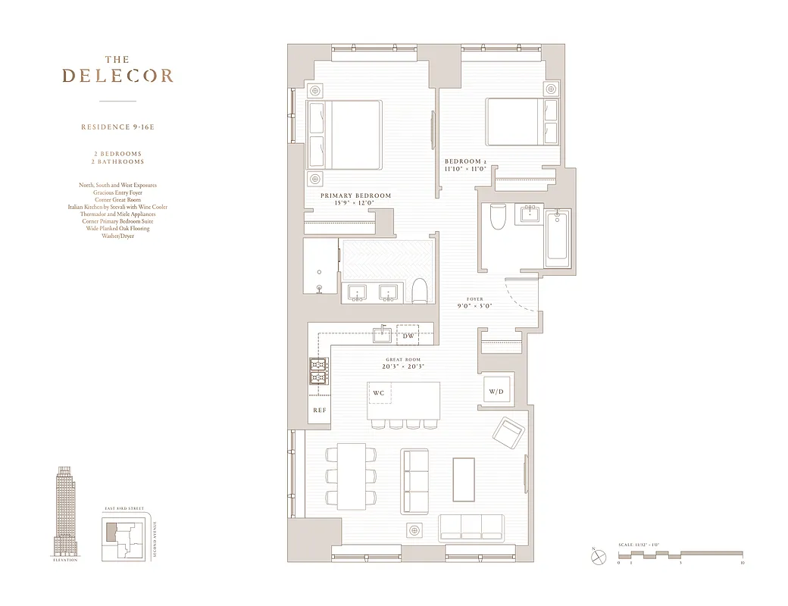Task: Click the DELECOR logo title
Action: [x=117, y=75]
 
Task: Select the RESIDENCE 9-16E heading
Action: [x=117, y=127]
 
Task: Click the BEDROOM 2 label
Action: [x=464, y=162]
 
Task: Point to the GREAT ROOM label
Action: [x=402, y=360]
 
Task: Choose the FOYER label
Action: [x=474, y=298]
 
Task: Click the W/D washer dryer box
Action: [x=496, y=391]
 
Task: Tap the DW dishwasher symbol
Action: [x=408, y=336]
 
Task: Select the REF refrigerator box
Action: [x=319, y=410]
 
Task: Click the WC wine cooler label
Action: [x=378, y=393]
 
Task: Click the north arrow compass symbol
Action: [x=599, y=557]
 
